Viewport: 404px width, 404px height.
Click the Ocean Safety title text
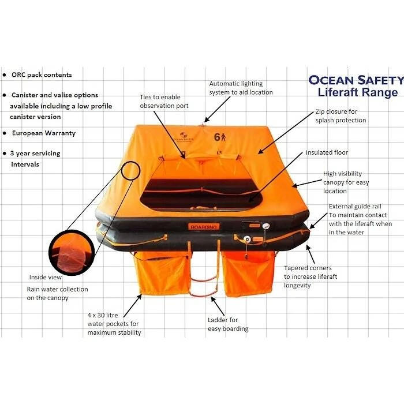pyautogui.click(x=356, y=80)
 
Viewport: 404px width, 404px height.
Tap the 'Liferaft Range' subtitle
pyautogui.click(x=358, y=92)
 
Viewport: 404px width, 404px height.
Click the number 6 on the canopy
pyautogui.click(x=217, y=137)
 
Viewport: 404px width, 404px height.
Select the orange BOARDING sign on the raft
pyautogui.click(x=204, y=227)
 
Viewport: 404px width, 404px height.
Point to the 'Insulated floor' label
pyautogui.click(x=327, y=152)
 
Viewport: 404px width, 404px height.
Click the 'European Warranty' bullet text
pyautogui.click(x=44, y=133)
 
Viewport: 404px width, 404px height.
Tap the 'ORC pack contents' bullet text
pyautogui.click(x=42, y=75)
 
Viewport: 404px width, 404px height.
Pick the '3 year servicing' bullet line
pyautogui.click(x=35, y=154)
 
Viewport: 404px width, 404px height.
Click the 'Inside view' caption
pyautogui.click(x=46, y=277)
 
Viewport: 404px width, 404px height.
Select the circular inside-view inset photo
pyautogui.click(x=72, y=253)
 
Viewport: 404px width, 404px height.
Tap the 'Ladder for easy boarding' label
pyautogui.click(x=228, y=324)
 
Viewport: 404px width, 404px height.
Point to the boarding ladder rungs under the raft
pyautogui.click(x=204, y=281)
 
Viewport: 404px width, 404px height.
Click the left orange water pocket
pyautogui.click(x=162, y=273)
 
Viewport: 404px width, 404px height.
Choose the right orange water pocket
pyautogui.click(x=248, y=274)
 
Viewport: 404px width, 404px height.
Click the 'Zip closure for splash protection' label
pyautogui.click(x=341, y=116)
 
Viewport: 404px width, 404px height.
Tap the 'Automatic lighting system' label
pyautogui.click(x=241, y=88)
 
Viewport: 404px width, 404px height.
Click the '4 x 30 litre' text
pyautogui.click(x=103, y=315)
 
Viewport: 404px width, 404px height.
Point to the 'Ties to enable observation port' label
pyautogui.click(x=164, y=101)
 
